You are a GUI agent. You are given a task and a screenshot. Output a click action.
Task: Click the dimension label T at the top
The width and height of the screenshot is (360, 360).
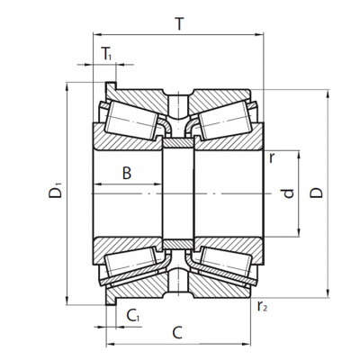(179, 24)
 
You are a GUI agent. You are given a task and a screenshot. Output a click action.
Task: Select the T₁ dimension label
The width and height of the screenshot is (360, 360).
(106, 54)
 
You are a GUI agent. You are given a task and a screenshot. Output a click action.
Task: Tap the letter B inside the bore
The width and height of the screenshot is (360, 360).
(127, 173)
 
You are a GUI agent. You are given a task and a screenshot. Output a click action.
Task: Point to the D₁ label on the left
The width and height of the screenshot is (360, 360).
(55, 190)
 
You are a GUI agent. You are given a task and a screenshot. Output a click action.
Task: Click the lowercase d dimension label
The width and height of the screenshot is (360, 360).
(288, 193)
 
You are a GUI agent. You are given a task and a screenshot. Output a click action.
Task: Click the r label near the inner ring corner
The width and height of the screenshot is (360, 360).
(272, 158)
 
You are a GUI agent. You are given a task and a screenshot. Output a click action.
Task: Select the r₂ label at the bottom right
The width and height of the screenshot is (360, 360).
(262, 306)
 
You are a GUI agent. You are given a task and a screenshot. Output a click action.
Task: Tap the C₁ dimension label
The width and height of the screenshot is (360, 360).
(133, 316)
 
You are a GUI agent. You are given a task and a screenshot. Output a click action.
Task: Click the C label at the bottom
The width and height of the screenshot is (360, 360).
(177, 332)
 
